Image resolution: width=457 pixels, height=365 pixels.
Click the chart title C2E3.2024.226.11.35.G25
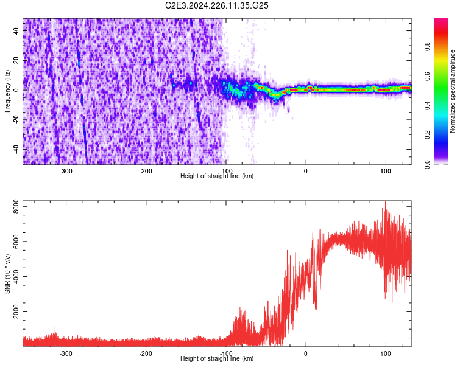(x=218, y=5)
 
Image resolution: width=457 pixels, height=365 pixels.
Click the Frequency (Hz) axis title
(x=7, y=91)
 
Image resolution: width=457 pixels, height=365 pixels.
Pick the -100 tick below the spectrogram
(x=225, y=171)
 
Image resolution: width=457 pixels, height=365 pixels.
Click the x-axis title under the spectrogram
(x=217, y=176)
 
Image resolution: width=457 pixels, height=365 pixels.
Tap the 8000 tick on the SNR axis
(x=13, y=208)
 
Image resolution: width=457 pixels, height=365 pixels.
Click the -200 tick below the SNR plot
(x=146, y=353)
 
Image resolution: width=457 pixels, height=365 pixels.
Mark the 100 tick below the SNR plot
(x=385, y=353)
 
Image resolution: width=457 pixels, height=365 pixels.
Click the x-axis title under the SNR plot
(x=217, y=358)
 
